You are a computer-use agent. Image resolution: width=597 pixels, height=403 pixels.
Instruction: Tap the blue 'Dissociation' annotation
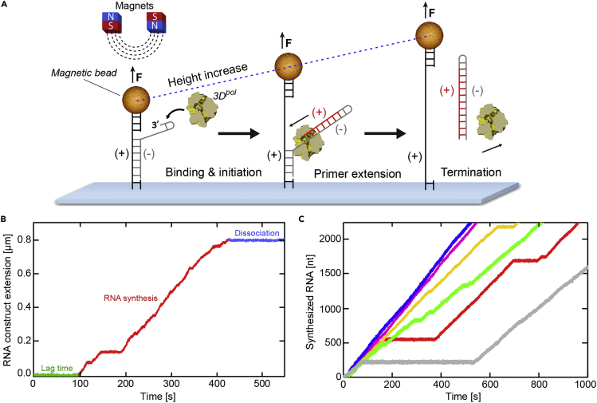point(258,234)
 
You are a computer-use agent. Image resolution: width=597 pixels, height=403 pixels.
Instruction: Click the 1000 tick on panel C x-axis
point(587,385)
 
